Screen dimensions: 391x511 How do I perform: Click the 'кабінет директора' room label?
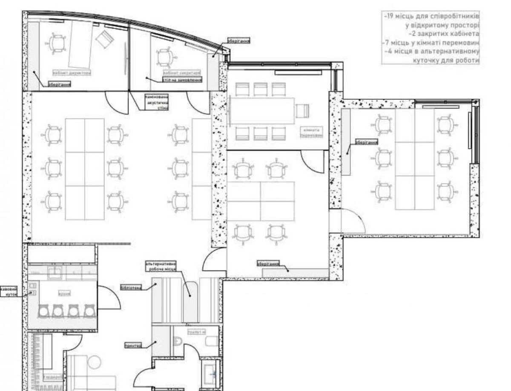coord(72,73)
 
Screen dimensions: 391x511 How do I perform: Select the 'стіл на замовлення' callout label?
coord(182,80)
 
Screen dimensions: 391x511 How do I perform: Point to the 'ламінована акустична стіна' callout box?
coord(157,102)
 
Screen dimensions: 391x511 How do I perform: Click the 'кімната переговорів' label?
coord(311,132)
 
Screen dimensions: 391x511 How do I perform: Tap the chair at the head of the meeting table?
coord(302,110)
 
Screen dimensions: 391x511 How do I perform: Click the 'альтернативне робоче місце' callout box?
coord(161,267)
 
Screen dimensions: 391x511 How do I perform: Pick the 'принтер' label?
coord(133,346)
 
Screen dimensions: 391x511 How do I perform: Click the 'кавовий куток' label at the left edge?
coord(9,291)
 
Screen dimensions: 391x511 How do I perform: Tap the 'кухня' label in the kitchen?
coord(64,293)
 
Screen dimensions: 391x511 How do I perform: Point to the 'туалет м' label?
coord(197,332)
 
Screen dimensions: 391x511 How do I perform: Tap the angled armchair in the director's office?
coord(103,40)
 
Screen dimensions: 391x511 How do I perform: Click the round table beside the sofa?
coord(94,363)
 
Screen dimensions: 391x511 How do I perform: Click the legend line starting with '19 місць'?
coord(431,16)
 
